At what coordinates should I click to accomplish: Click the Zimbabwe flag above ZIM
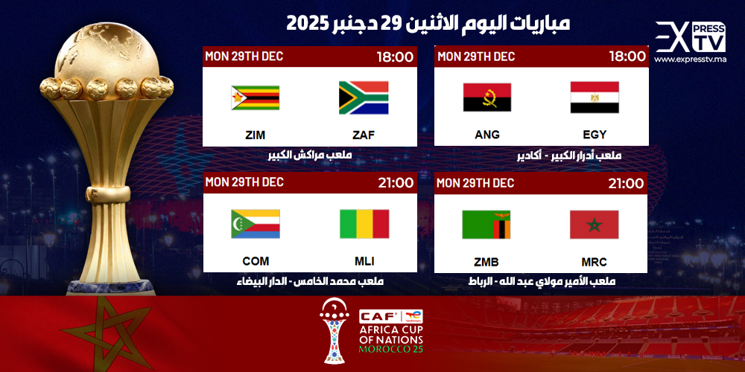tap(255, 97)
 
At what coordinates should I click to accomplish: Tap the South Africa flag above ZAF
tap(364, 97)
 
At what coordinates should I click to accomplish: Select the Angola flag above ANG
tap(487, 97)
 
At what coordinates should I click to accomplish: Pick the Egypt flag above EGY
tap(595, 97)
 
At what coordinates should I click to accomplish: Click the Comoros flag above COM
tap(256, 224)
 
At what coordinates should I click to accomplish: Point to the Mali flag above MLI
tap(364, 224)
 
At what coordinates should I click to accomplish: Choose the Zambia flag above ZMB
tap(486, 225)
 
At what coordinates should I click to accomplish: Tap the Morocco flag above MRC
tap(595, 225)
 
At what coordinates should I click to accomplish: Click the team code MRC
tap(594, 262)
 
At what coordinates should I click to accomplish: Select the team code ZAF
tap(364, 135)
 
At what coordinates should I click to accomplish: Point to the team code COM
tap(256, 261)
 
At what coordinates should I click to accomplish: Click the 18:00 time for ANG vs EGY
tap(627, 57)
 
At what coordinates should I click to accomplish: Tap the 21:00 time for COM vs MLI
tap(396, 183)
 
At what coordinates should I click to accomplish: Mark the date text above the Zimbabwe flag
tap(244, 56)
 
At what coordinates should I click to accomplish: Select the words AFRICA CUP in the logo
tap(391, 331)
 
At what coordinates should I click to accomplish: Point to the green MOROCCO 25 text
tap(390, 349)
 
